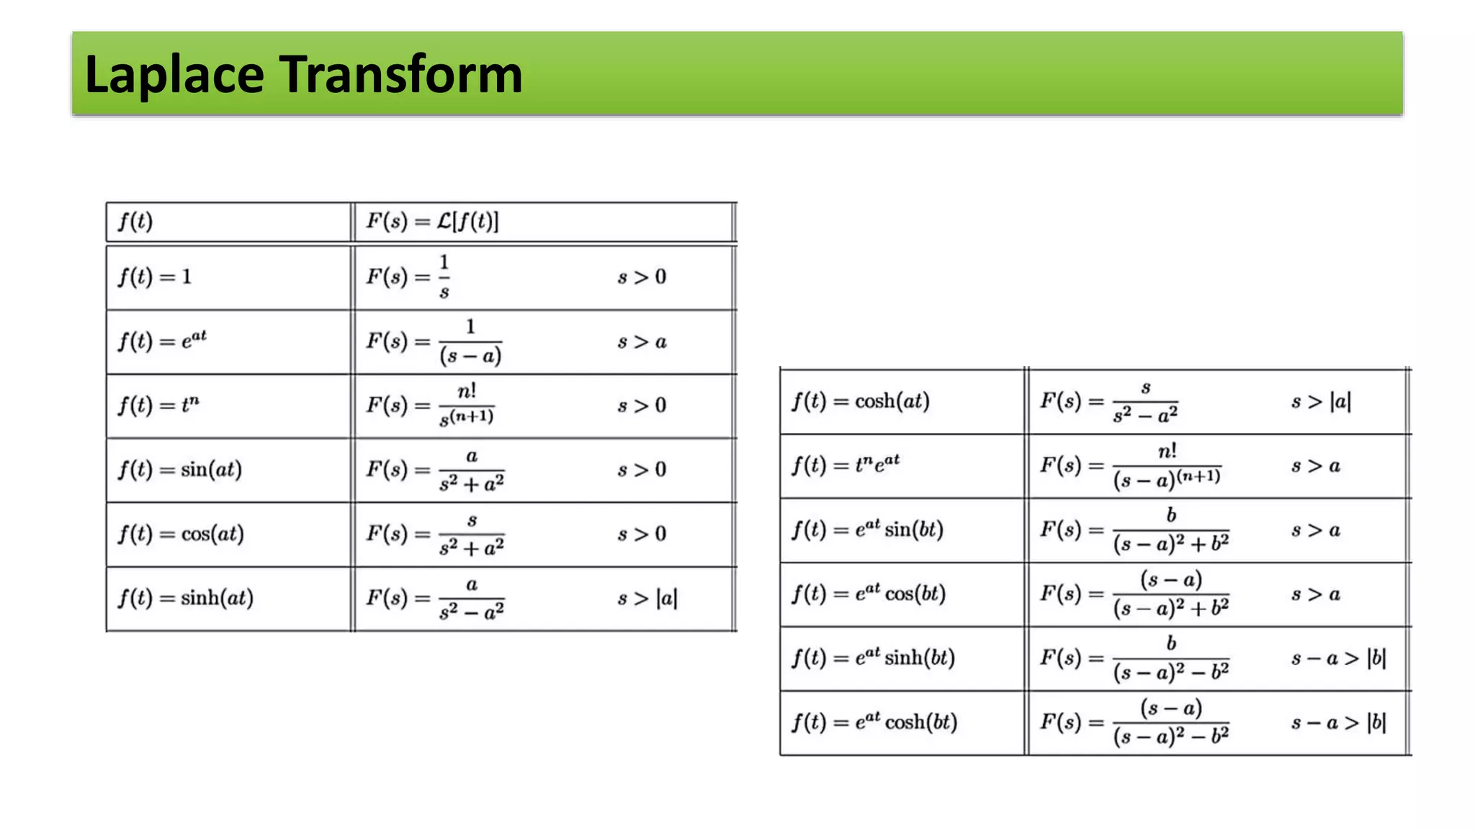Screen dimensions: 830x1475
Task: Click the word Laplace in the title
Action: pos(174,74)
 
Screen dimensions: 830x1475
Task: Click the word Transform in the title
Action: pos(400,74)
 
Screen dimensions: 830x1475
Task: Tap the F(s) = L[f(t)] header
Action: pos(432,221)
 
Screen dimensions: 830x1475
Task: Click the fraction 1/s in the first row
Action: pos(444,277)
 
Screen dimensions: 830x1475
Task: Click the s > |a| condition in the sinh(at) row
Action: pos(647,598)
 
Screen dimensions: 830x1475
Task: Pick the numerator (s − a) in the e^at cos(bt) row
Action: pos(1171,579)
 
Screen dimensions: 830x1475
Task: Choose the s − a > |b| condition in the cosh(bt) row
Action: pos(1338,722)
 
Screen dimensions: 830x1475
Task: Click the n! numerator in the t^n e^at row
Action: pos(1167,452)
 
